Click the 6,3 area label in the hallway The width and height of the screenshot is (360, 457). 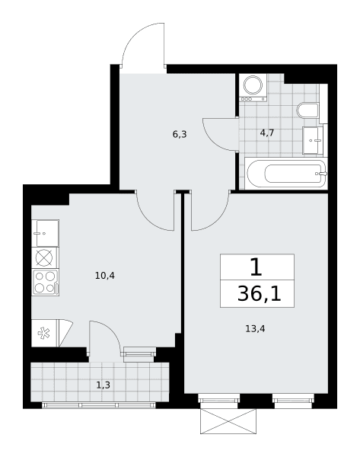pyautogui.click(x=180, y=135)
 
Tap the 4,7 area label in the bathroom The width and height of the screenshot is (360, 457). pyautogui.click(x=267, y=133)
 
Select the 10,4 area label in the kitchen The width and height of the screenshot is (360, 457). pyautogui.click(x=105, y=276)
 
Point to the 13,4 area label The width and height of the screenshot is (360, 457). pyautogui.click(x=255, y=329)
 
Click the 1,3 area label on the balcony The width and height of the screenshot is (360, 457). pyautogui.click(x=104, y=385)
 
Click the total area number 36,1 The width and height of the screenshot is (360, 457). pyautogui.click(x=260, y=294)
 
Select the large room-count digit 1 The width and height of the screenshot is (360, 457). pyautogui.click(x=256, y=267)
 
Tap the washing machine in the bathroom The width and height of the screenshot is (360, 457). pyautogui.click(x=253, y=88)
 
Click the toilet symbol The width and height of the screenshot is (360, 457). pyautogui.click(x=307, y=110)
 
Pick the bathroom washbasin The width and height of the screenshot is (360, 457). pyautogui.click(x=313, y=140)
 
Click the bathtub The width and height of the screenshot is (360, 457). pyautogui.click(x=286, y=174)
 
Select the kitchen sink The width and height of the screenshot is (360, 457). pyautogui.click(x=46, y=233)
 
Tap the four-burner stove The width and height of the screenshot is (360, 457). pyautogui.click(x=46, y=283)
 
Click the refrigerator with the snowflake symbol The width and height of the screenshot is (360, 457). pyautogui.click(x=52, y=333)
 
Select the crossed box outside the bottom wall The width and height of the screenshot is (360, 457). pyautogui.click(x=228, y=421)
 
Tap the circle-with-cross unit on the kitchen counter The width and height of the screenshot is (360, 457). pyautogui.click(x=44, y=257)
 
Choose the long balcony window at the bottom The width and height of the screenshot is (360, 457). pyautogui.click(x=99, y=405)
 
